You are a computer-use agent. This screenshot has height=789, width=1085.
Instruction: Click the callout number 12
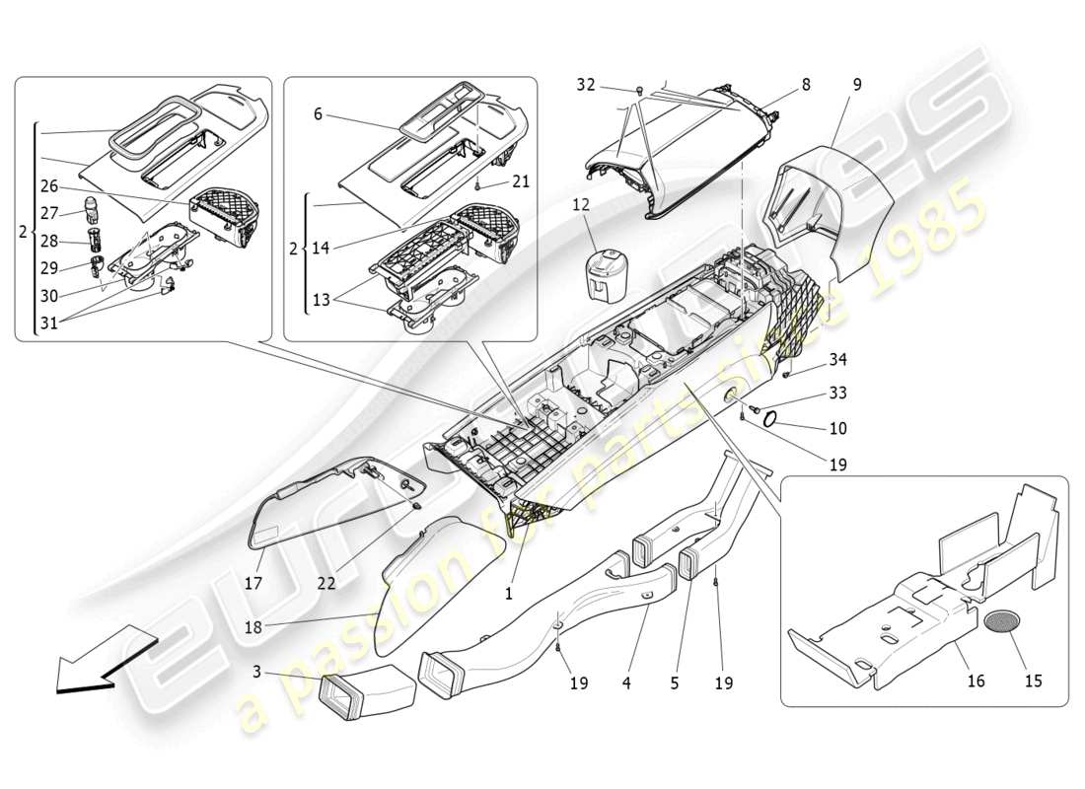(581, 205)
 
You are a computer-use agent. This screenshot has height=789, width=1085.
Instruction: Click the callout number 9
(857, 85)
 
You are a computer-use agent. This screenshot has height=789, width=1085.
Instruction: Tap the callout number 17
(253, 583)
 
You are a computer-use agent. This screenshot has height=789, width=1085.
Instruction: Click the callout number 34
(837, 358)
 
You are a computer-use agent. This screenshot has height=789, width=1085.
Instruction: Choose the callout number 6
(319, 114)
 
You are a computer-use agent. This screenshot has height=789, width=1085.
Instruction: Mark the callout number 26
(49, 185)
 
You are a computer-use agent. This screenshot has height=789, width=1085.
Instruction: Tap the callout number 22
(326, 583)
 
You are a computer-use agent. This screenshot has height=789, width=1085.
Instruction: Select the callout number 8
(806, 85)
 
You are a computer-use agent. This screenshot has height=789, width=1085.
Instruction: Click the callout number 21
(521, 182)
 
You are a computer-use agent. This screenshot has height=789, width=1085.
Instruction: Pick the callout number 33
(837, 393)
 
